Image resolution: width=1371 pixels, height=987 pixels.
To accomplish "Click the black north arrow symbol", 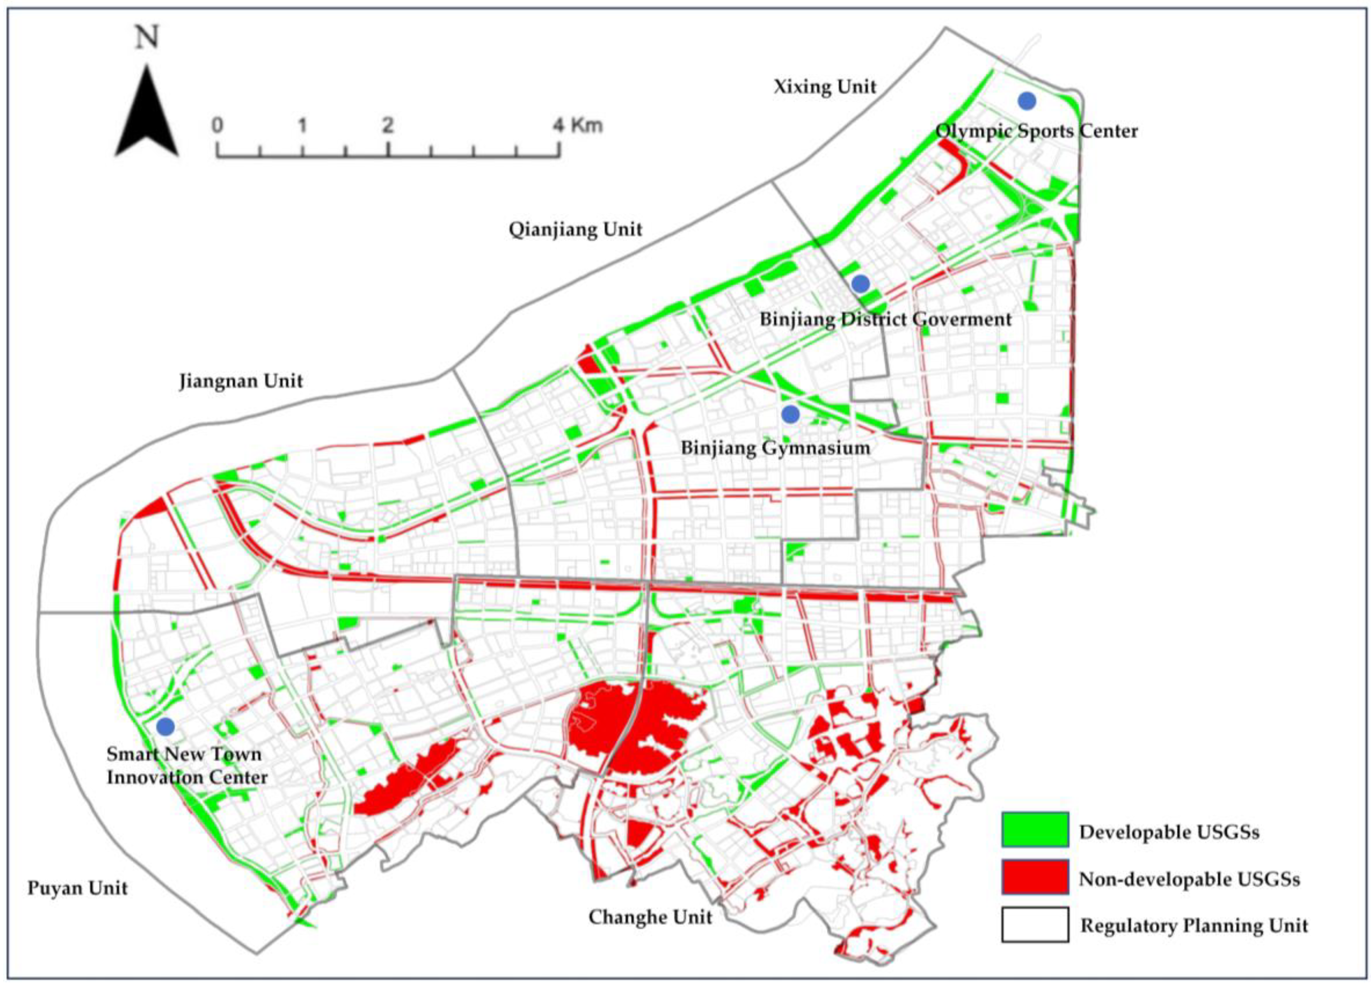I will [147, 115].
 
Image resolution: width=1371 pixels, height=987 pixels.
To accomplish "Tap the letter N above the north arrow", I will [147, 37].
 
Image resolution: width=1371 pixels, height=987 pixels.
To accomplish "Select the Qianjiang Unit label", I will [575, 230].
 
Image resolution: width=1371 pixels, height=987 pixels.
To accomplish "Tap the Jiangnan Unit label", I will [240, 381].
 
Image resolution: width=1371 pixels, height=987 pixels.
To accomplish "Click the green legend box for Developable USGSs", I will [1035, 829].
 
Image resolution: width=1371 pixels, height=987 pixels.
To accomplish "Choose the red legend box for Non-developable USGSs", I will [1035, 876].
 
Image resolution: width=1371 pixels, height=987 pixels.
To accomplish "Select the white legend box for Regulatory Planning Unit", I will [1035, 924].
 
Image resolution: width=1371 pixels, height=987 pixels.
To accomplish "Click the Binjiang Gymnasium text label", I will [775, 448].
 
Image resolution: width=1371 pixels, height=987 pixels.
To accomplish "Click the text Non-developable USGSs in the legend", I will [1189, 879].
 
